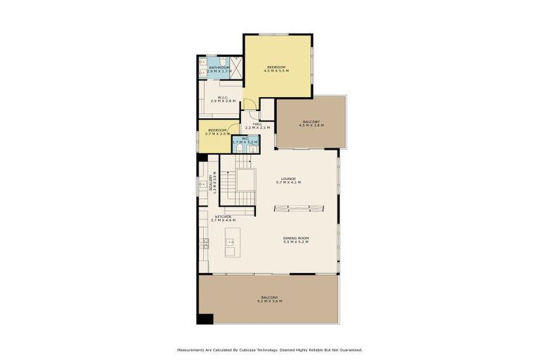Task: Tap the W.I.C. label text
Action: click(222, 98)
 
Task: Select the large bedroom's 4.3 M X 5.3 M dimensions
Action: click(276, 71)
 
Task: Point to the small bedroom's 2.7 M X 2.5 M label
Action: click(217, 134)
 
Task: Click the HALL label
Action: click(257, 124)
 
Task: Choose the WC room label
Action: click(245, 139)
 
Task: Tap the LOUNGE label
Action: click(288, 179)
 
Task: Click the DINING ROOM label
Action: click(296, 238)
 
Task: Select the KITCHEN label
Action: click(223, 217)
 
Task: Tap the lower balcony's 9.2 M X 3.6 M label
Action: click(270, 301)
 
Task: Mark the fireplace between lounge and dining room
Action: click(300, 207)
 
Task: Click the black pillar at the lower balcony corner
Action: click(205, 319)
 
